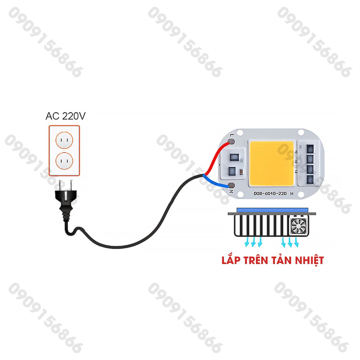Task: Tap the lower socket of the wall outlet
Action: (64, 161)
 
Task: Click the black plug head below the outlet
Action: (66, 203)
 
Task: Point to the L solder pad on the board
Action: (231, 142)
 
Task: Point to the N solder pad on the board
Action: (231, 185)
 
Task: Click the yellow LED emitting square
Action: (271, 164)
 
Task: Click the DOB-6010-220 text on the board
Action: (270, 193)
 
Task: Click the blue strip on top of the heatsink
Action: (271, 210)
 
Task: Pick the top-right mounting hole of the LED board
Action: (301, 133)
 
